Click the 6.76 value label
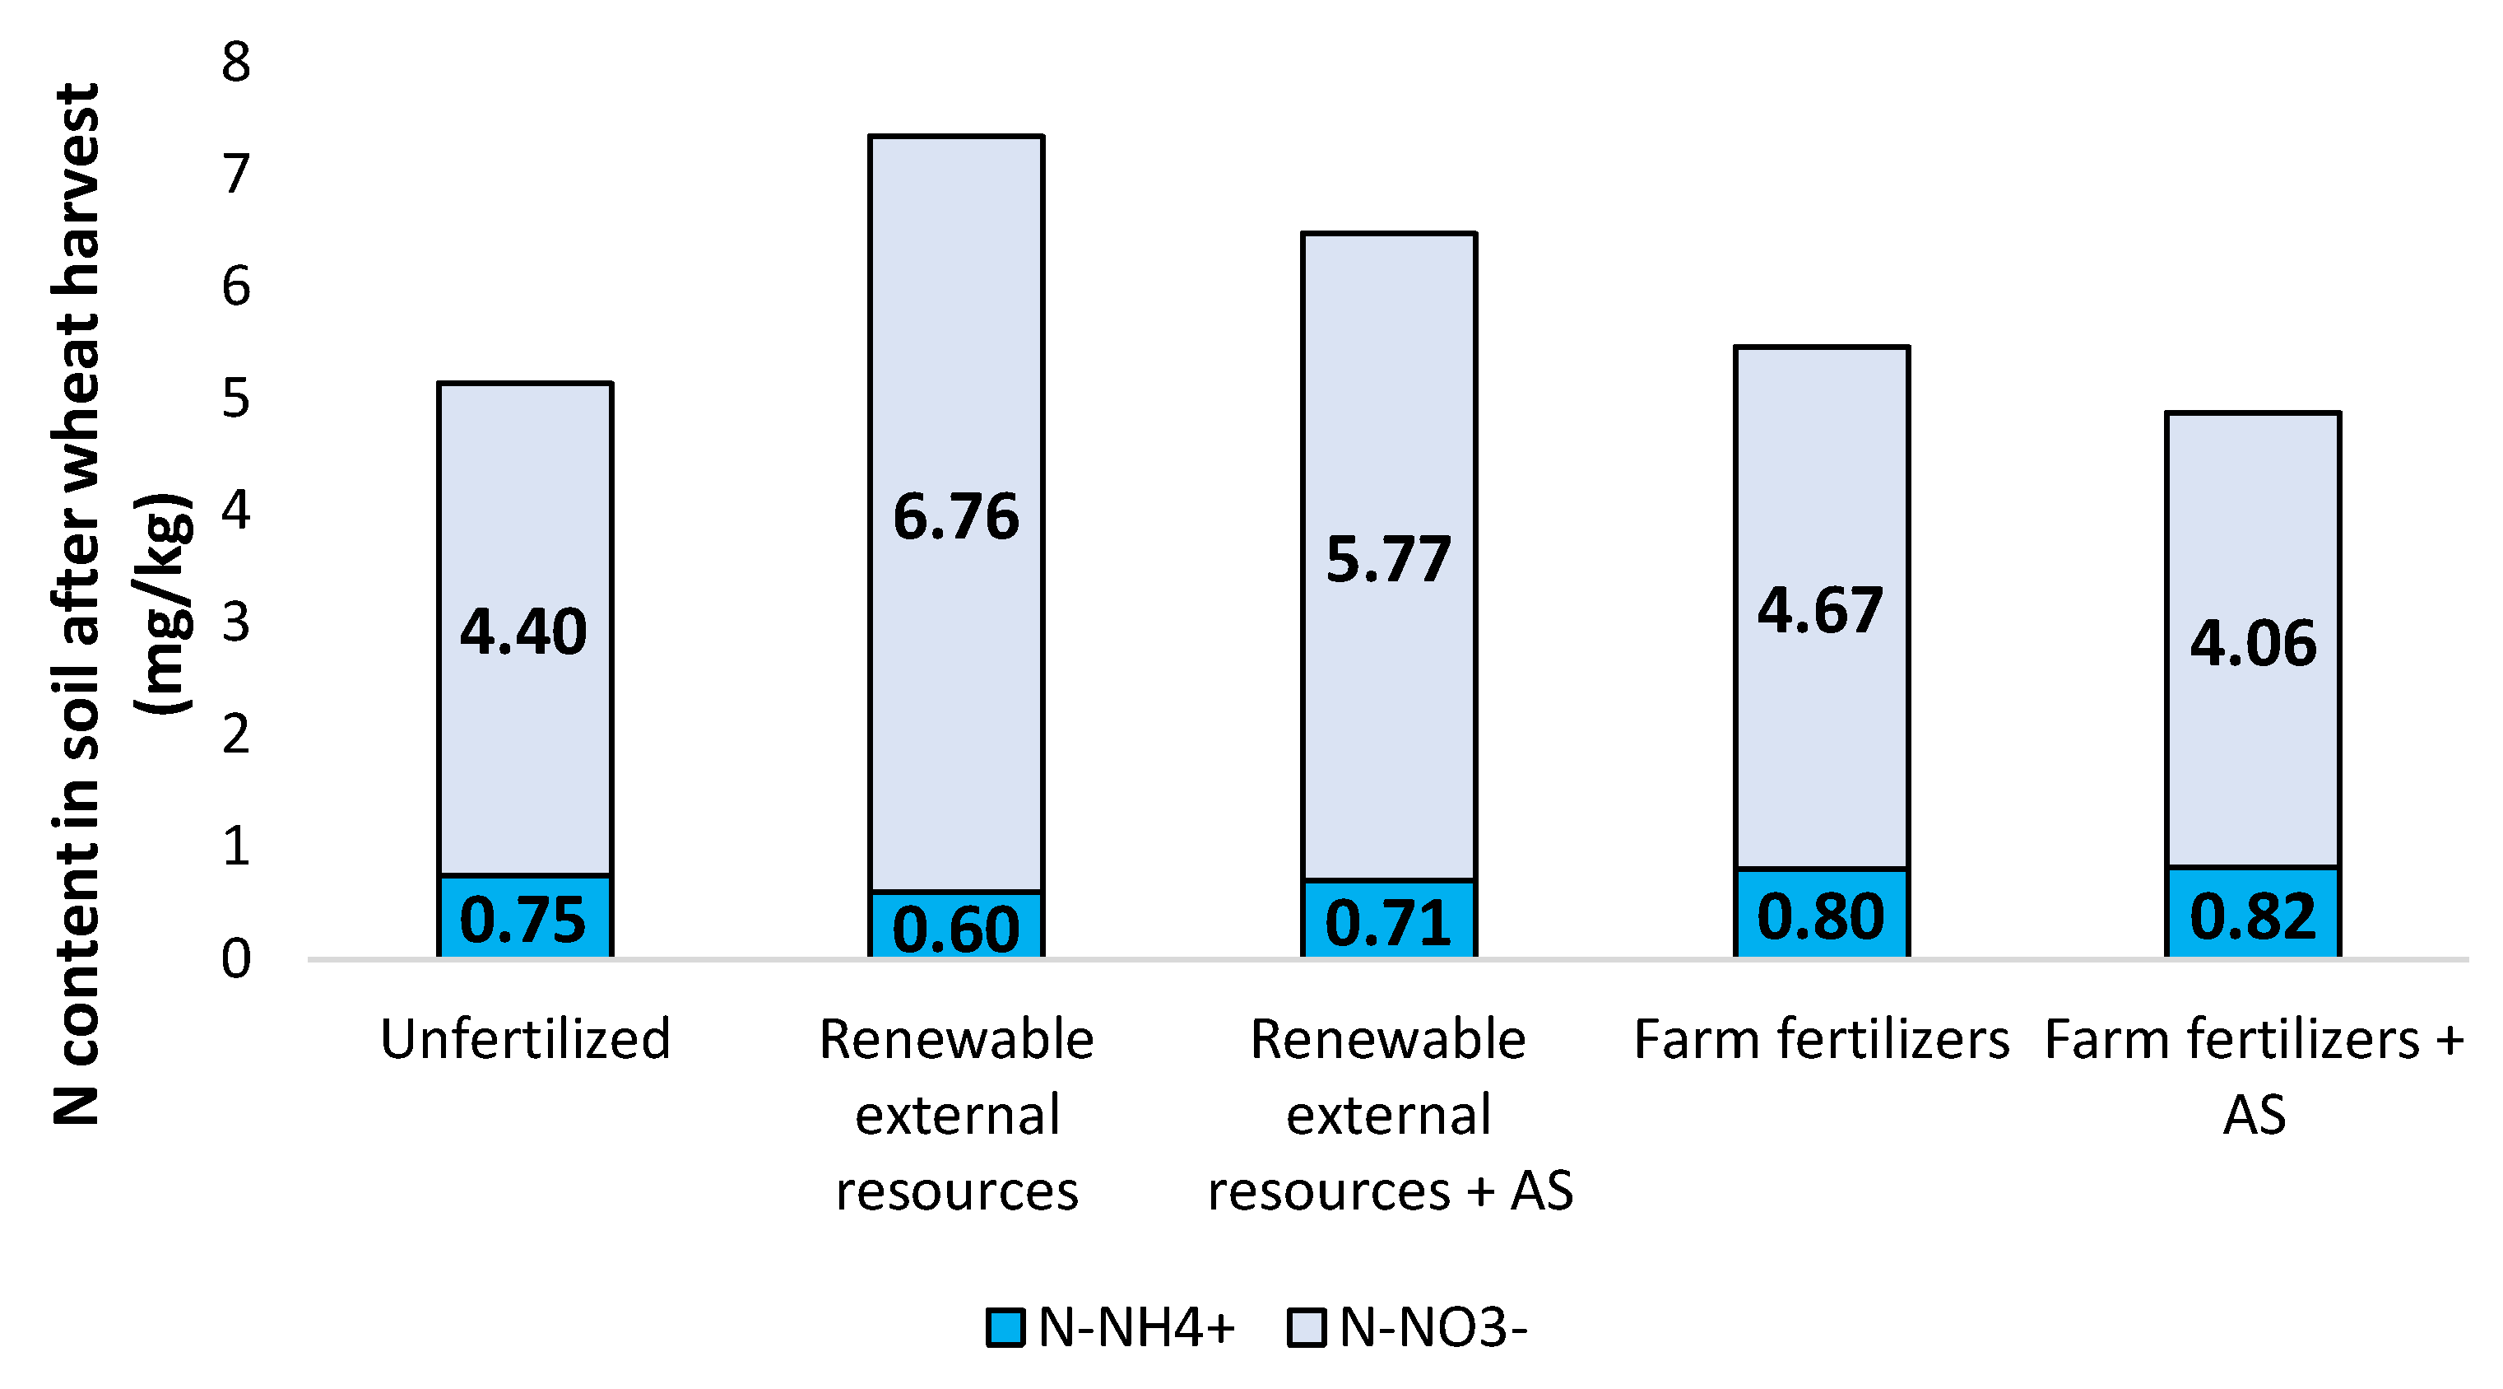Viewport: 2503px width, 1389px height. tap(956, 517)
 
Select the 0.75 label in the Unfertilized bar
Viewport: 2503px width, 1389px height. tap(524, 920)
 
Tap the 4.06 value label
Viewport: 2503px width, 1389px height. tap(2252, 644)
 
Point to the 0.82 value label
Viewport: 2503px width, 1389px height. tap(2252, 916)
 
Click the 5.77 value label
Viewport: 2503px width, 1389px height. tap(1389, 560)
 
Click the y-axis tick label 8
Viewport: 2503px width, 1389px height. tap(236, 63)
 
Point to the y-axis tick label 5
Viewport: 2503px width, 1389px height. tap(236, 399)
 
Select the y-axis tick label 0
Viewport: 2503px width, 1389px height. tap(236, 959)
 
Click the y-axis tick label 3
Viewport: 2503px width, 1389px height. tap(236, 623)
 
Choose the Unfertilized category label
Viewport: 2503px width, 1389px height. tap(525, 1039)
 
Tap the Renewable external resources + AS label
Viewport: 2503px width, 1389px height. tap(1389, 1114)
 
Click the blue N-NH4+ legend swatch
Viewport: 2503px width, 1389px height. tap(1005, 1328)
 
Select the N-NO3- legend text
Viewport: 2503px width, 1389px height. tap(1433, 1328)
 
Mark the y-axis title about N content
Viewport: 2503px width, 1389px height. tap(122, 603)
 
